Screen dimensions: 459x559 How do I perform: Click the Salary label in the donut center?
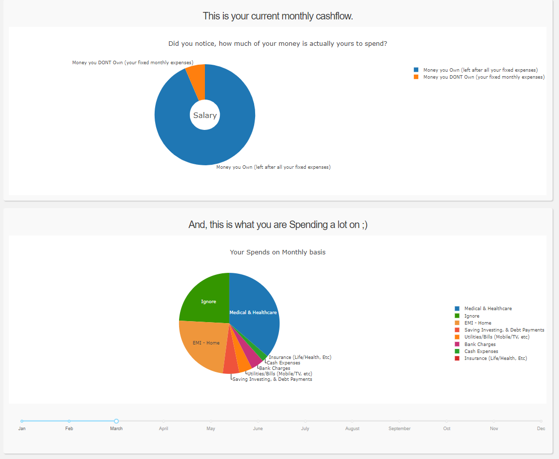[x=205, y=115]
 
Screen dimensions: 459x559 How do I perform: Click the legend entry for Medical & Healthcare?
[x=487, y=309]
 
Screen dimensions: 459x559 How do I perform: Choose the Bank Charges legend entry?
[x=479, y=344]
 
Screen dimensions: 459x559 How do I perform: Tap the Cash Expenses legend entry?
[x=481, y=351]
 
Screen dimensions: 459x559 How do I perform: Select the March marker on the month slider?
[x=116, y=421]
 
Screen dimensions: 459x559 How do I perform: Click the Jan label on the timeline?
[x=22, y=429]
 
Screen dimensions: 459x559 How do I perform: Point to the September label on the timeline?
[x=399, y=429]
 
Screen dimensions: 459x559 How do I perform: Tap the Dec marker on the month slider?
[x=541, y=421]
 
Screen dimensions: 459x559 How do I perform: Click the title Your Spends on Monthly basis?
[x=278, y=252]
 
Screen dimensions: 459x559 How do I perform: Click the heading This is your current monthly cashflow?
[x=278, y=16]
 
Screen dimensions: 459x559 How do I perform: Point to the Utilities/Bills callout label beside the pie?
[x=279, y=374]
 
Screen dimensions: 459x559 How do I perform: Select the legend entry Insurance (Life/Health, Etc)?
[x=495, y=358]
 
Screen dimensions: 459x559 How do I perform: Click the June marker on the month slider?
[x=258, y=421]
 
